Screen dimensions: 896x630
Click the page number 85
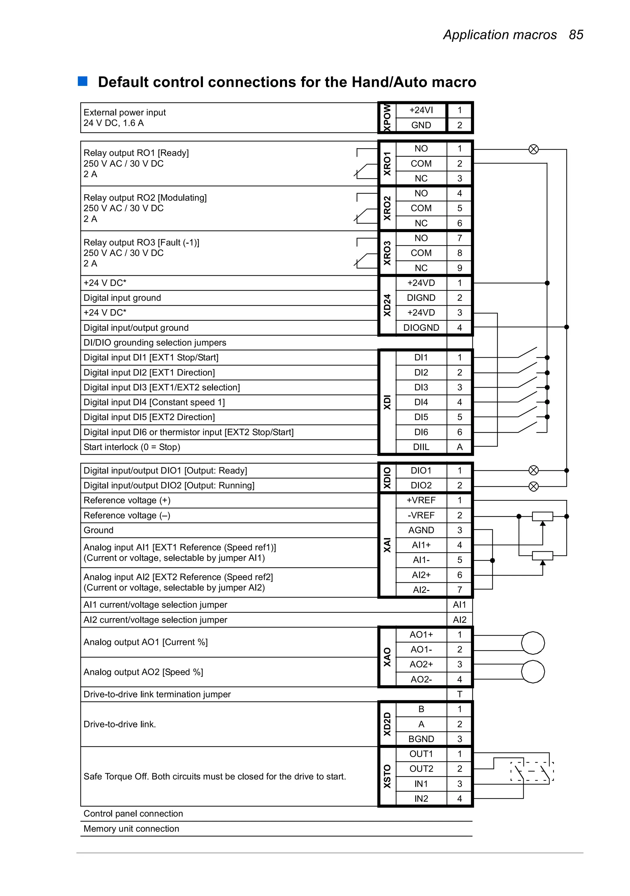click(x=576, y=35)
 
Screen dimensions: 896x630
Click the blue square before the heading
click(x=83, y=81)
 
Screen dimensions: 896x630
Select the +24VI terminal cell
click(x=421, y=110)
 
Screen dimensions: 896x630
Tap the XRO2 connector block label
click(x=387, y=208)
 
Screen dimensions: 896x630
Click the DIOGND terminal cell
click(x=421, y=328)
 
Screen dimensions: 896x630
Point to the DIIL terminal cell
click(x=421, y=447)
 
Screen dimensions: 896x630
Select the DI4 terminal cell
click(x=421, y=402)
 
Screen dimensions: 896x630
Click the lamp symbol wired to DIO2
click(x=533, y=486)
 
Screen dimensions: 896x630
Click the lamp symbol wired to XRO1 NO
click(x=533, y=149)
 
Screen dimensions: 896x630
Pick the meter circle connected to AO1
click(x=533, y=643)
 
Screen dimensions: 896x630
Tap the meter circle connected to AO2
click(x=533, y=672)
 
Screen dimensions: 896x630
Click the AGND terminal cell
click(x=421, y=530)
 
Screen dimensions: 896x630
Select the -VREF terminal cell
click(x=421, y=516)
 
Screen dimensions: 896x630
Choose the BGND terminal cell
click(x=421, y=739)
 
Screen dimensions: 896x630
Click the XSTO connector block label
click(x=387, y=776)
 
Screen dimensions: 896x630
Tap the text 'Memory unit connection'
click(x=131, y=829)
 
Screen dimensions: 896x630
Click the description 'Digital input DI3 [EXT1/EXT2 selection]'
click(x=161, y=388)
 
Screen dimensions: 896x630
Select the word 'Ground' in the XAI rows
click(x=98, y=530)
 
